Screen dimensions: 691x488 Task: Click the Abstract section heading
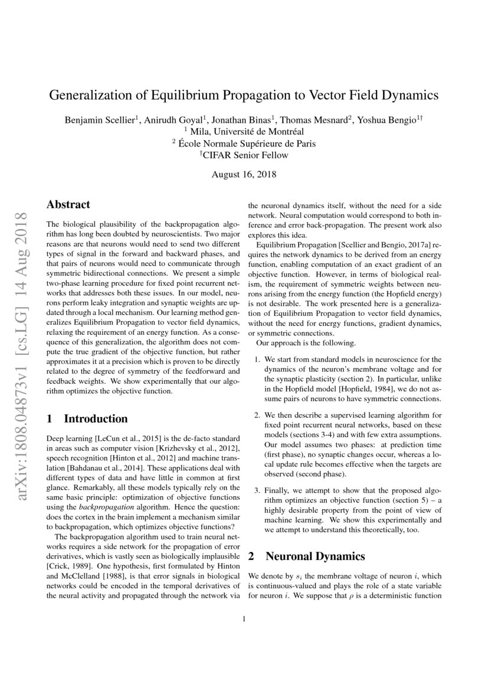pyautogui.click(x=68, y=205)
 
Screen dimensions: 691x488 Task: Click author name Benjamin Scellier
pyautogui.click(x=100, y=120)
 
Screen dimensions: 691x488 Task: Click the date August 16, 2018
pyautogui.click(x=244, y=175)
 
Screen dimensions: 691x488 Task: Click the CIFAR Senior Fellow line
pyautogui.click(x=244, y=155)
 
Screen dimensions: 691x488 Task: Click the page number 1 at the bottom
pyautogui.click(x=244, y=619)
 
